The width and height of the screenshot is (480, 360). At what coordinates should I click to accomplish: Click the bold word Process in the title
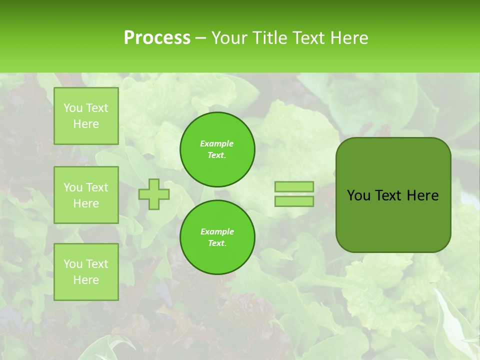point(157,37)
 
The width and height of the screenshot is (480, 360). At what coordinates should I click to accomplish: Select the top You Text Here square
point(86,116)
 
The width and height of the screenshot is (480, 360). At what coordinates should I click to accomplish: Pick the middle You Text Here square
point(86,195)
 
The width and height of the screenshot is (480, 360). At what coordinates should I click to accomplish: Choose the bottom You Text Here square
point(86,272)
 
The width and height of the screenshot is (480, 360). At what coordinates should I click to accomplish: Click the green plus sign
point(154,194)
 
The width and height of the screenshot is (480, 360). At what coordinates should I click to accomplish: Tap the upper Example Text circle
point(217,149)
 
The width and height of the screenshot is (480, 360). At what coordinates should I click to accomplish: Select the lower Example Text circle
point(217,237)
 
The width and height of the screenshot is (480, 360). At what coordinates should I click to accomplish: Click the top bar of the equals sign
point(294,187)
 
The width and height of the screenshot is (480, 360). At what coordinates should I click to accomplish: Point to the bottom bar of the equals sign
point(294,201)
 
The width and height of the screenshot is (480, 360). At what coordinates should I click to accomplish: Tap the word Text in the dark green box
point(388,195)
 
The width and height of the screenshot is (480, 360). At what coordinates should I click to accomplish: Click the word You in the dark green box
point(358,195)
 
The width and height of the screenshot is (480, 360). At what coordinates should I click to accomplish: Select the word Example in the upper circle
point(217,143)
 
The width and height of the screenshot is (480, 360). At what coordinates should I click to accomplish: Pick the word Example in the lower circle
point(217,231)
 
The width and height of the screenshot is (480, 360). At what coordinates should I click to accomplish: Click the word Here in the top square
point(86,124)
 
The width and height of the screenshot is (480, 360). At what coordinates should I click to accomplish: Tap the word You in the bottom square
point(72,264)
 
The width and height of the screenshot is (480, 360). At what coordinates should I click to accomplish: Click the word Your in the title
point(229,37)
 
